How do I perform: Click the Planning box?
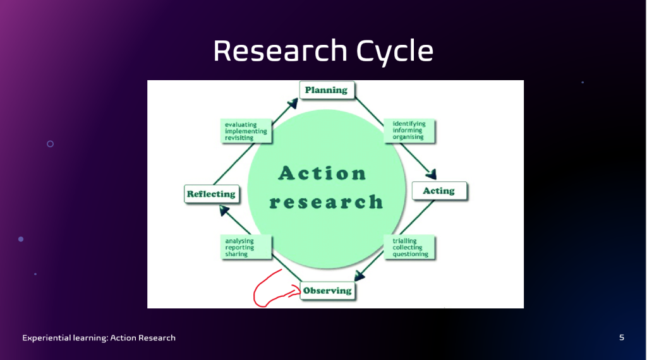pyautogui.click(x=327, y=90)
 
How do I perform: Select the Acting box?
pyautogui.click(x=440, y=191)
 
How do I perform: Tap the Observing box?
pyautogui.click(x=328, y=291)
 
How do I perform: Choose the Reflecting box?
pyautogui.click(x=211, y=194)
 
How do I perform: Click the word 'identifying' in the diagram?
pyautogui.click(x=409, y=124)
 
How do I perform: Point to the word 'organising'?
pyautogui.click(x=408, y=137)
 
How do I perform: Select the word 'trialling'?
pyautogui.click(x=404, y=241)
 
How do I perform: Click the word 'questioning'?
pyautogui.click(x=410, y=254)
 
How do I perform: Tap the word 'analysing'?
pyautogui.click(x=239, y=241)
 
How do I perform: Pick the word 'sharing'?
pyautogui.click(x=236, y=254)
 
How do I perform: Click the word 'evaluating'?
pyautogui.click(x=241, y=124)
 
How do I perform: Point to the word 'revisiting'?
pyautogui.click(x=239, y=138)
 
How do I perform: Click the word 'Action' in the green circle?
pyautogui.click(x=322, y=173)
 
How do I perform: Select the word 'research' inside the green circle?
pyautogui.click(x=326, y=202)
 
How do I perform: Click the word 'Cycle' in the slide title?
pyautogui.click(x=394, y=51)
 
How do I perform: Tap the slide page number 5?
pyautogui.click(x=622, y=338)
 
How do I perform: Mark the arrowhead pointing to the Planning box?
pyautogui.click(x=293, y=103)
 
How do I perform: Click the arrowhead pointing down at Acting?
pyautogui.click(x=431, y=174)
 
